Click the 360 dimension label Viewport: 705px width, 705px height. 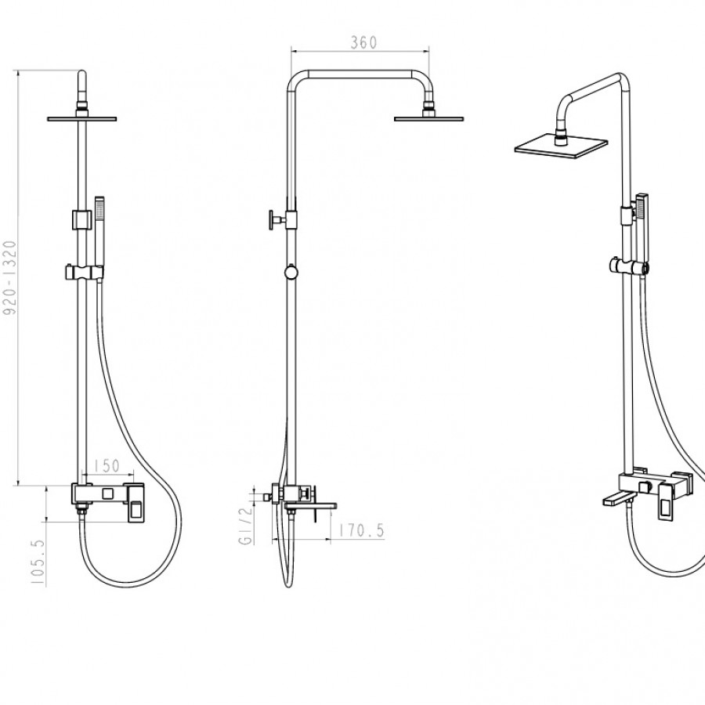point(363,42)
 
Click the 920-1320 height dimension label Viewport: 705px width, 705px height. point(10,278)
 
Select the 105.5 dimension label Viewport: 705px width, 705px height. point(38,562)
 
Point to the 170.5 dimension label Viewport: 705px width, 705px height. point(362,530)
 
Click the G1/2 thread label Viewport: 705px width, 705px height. point(245,526)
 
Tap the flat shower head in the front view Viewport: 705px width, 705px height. point(81,119)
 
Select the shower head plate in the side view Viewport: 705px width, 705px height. point(429,119)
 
